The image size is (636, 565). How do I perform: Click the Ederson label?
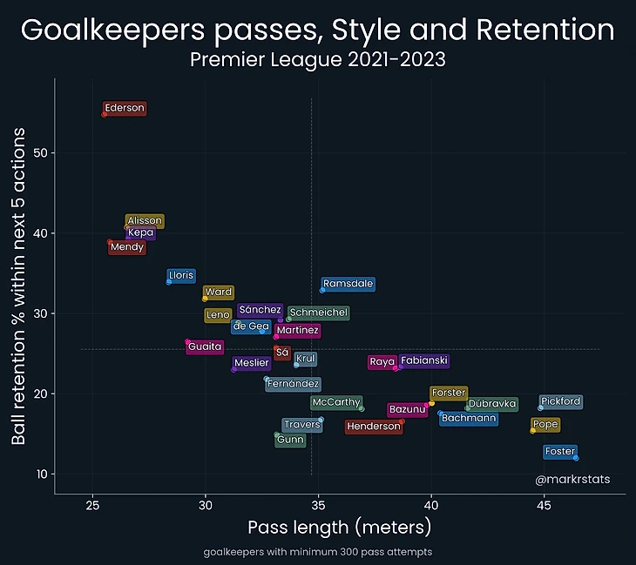[125, 109]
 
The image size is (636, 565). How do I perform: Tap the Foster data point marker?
[576, 458]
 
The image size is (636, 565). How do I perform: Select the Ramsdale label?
[348, 284]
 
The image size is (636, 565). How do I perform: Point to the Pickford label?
[560, 402]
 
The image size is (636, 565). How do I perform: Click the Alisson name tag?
[145, 221]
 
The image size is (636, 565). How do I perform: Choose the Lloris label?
[181, 276]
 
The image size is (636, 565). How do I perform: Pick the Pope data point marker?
[533, 430]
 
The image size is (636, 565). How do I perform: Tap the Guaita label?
[205, 346]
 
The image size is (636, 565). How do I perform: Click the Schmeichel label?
[319, 313]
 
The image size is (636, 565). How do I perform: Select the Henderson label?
[373, 427]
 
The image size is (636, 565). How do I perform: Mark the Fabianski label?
[424, 360]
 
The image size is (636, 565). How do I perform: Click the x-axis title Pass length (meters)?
[340, 528]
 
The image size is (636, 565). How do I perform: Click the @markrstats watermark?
[572, 480]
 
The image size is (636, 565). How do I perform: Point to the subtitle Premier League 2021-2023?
[318, 60]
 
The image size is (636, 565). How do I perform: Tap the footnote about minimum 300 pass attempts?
[318, 553]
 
